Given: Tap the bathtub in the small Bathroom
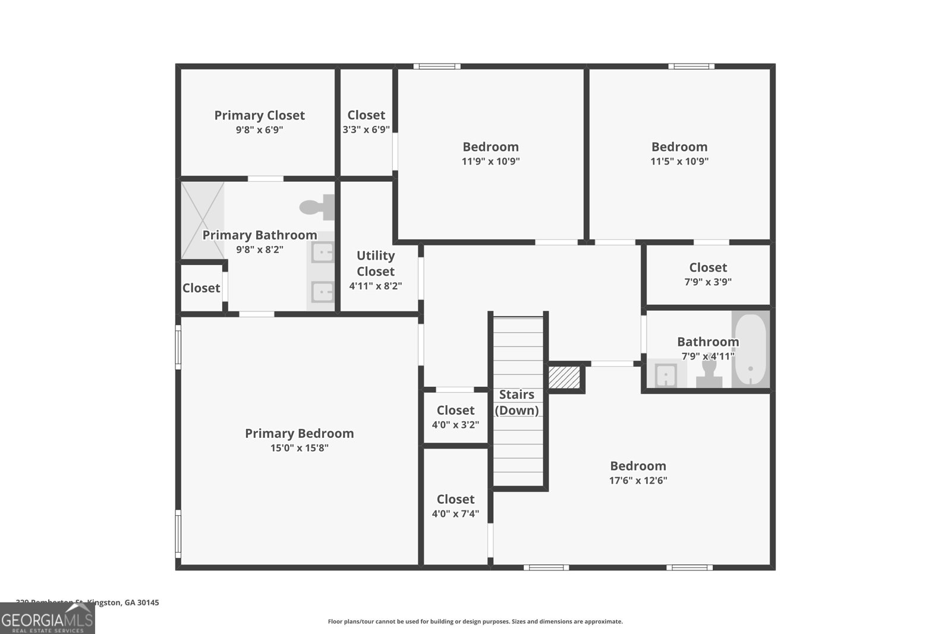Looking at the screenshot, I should (x=750, y=349).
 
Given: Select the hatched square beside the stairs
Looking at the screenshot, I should (x=563, y=377).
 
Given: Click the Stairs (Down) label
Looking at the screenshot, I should (x=517, y=402).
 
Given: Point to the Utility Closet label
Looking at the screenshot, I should (x=376, y=263).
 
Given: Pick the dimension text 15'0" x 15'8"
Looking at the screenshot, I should (x=299, y=448).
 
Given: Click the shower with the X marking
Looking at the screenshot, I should (x=203, y=220).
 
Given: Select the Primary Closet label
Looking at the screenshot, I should (x=259, y=115).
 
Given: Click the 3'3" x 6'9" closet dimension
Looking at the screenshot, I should (x=366, y=130).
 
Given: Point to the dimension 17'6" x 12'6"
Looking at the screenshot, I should (x=638, y=480).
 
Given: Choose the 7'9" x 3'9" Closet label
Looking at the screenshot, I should (x=708, y=267).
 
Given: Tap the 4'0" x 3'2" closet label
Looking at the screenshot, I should (x=455, y=410).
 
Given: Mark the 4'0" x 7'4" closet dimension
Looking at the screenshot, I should (x=455, y=514).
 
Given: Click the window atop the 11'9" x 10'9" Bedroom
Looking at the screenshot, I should (x=437, y=67).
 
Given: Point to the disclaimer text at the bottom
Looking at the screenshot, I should (x=475, y=622).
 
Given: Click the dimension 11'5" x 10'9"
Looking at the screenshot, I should (x=679, y=161).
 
